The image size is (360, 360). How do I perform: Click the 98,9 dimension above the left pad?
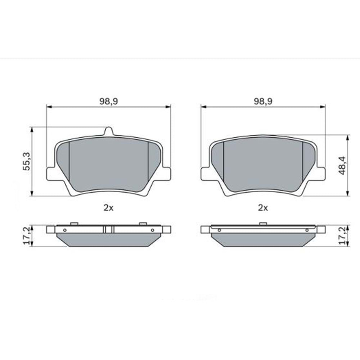[108, 102]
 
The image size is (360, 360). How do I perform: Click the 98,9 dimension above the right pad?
[263, 102]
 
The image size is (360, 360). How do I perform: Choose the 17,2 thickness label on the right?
[343, 236]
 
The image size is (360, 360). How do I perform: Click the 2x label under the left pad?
[108, 207]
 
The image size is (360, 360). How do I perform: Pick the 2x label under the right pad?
[263, 207]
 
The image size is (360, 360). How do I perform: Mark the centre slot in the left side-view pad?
[108, 229]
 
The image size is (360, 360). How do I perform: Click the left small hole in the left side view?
[64, 230]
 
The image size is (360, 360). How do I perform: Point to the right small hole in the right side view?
[307, 230]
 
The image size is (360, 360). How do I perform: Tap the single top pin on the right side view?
[263, 224]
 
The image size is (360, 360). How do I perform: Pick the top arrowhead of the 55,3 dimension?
[32, 129]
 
